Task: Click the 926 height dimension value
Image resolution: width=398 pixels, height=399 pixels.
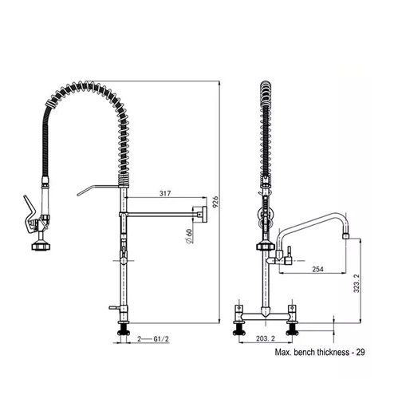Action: tap(215, 202)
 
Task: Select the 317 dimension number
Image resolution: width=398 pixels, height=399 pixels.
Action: tap(165, 193)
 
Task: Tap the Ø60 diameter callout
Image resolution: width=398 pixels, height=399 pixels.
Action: tap(189, 236)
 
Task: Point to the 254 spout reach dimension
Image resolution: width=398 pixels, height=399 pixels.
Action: tap(317, 269)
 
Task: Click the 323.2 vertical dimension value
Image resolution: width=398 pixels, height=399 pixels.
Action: tap(357, 283)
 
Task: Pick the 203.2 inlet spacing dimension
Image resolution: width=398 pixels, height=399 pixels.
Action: tap(266, 338)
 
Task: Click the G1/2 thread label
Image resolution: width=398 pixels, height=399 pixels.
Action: tap(161, 339)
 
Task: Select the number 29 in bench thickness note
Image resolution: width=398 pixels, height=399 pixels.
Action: tap(361, 352)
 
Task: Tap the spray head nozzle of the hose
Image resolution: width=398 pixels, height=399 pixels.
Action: tap(41, 246)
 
